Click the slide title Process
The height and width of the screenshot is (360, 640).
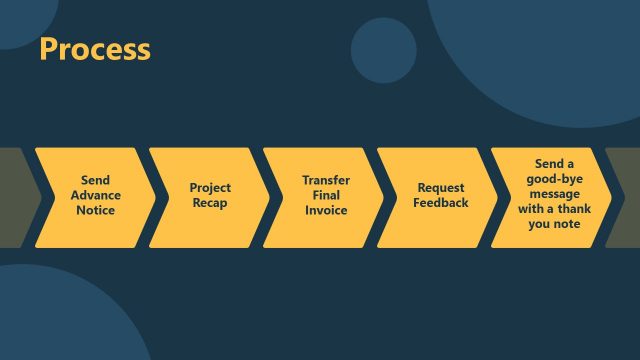pyautogui.click(x=95, y=49)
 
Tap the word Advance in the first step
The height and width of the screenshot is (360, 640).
pyautogui.click(x=96, y=196)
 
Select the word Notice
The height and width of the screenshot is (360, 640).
pyautogui.click(x=96, y=211)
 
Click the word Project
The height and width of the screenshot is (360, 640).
pyautogui.click(x=210, y=188)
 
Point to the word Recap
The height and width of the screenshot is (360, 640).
pyautogui.click(x=210, y=203)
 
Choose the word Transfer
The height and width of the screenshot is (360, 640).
pyautogui.click(x=326, y=181)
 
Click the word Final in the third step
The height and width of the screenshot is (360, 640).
pyautogui.click(x=326, y=196)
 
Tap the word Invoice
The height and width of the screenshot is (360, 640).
pyautogui.click(x=326, y=211)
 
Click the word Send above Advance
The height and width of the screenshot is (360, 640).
pyautogui.click(x=96, y=181)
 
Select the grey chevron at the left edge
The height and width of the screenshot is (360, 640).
pyautogui.click(x=14, y=197)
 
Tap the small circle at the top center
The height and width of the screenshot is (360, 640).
pyautogui.click(x=383, y=50)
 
